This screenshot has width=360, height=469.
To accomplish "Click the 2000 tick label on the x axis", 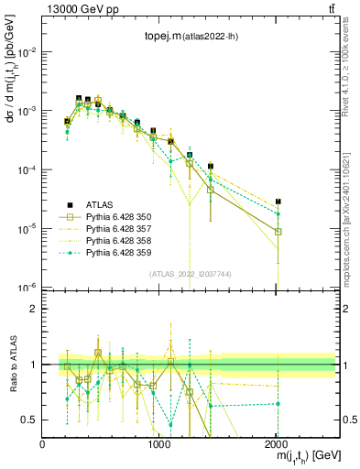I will [x=278, y=444].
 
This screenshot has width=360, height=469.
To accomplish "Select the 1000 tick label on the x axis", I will [x=160, y=444].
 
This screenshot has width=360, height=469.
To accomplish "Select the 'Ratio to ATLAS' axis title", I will [x=11, y=365].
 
